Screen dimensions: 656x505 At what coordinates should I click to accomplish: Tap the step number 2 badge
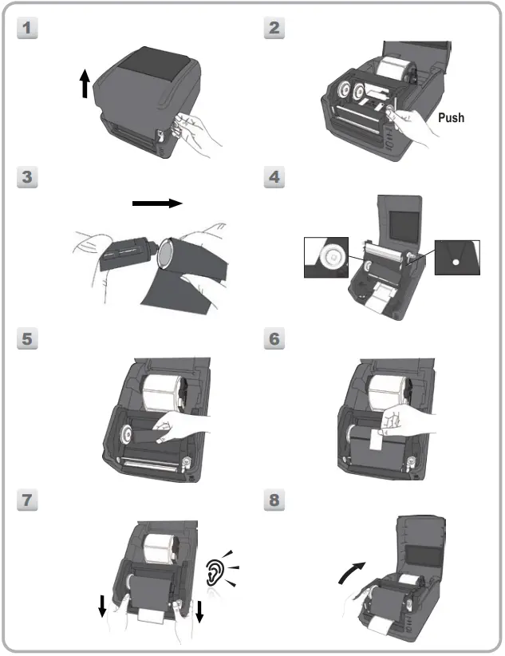coord(274,28)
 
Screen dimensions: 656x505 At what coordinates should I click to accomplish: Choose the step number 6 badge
coord(274,338)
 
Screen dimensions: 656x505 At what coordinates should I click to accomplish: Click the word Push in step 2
coord(450,117)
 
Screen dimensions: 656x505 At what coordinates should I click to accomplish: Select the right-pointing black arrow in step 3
coord(157,203)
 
